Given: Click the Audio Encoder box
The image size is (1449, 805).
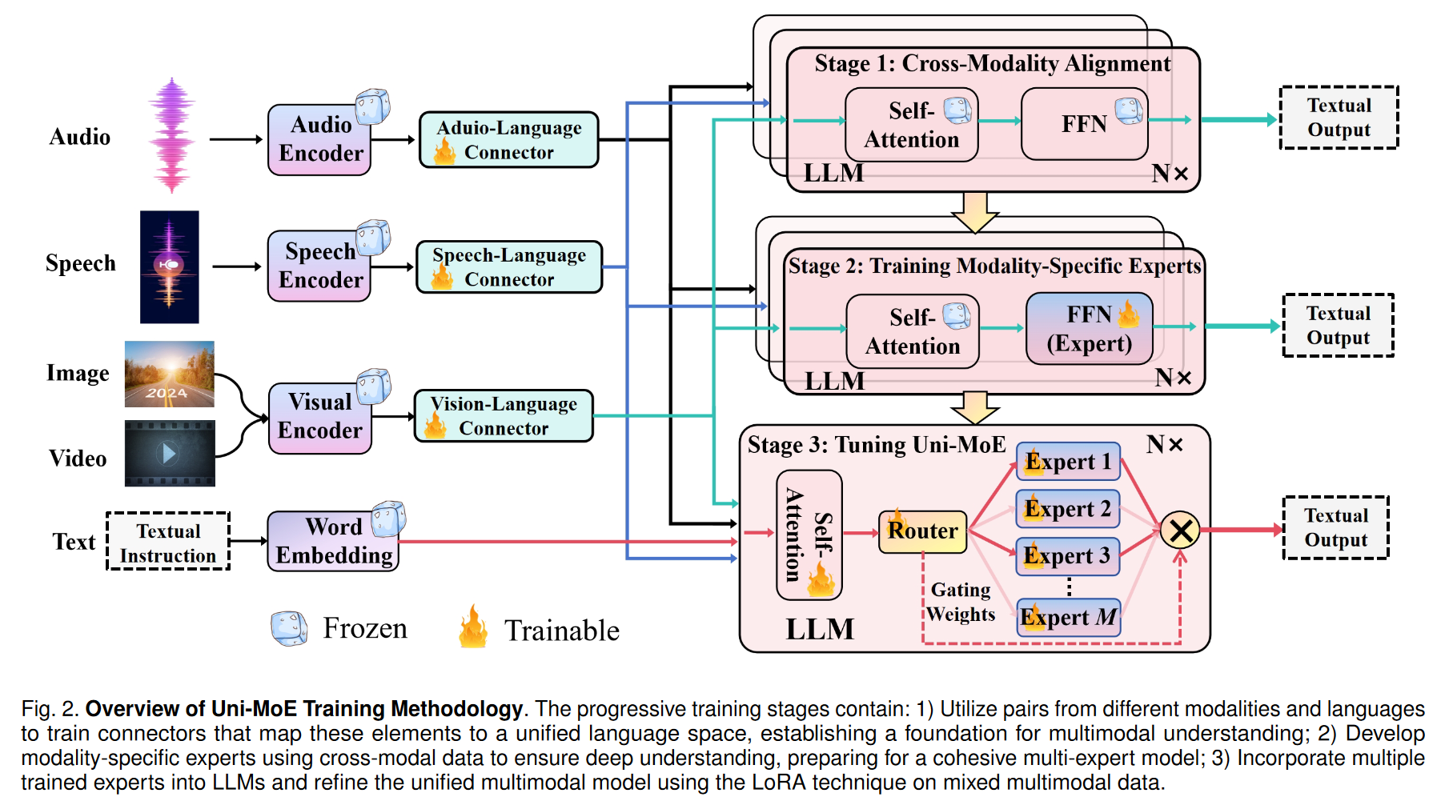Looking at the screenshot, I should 319,140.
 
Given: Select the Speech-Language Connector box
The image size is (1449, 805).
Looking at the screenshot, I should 509,267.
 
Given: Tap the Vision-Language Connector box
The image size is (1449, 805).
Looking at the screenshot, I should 504,416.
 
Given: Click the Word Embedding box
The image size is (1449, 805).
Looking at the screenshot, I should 333,542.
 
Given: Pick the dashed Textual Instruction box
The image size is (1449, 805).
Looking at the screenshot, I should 168,542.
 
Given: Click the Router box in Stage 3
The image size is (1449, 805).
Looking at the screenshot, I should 922,531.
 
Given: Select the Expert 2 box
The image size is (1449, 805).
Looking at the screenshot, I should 1067,509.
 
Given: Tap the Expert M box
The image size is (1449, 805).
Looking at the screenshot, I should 1067,618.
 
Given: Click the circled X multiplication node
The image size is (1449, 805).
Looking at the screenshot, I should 1179,530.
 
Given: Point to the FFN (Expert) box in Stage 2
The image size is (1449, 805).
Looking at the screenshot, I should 1089,329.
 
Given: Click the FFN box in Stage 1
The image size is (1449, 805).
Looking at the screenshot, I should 1084,124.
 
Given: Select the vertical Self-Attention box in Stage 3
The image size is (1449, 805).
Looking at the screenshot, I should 809,535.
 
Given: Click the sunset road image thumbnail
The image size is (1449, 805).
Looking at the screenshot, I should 169,374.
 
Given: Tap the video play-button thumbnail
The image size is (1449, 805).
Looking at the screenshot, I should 170,454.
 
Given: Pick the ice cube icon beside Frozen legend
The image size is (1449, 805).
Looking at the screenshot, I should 289,629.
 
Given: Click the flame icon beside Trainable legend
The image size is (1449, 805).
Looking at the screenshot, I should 473,627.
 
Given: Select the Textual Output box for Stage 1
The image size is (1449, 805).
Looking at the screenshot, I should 1339,118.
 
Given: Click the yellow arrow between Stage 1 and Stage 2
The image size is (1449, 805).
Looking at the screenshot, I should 974,212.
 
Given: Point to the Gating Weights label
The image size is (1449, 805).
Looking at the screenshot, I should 961,603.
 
